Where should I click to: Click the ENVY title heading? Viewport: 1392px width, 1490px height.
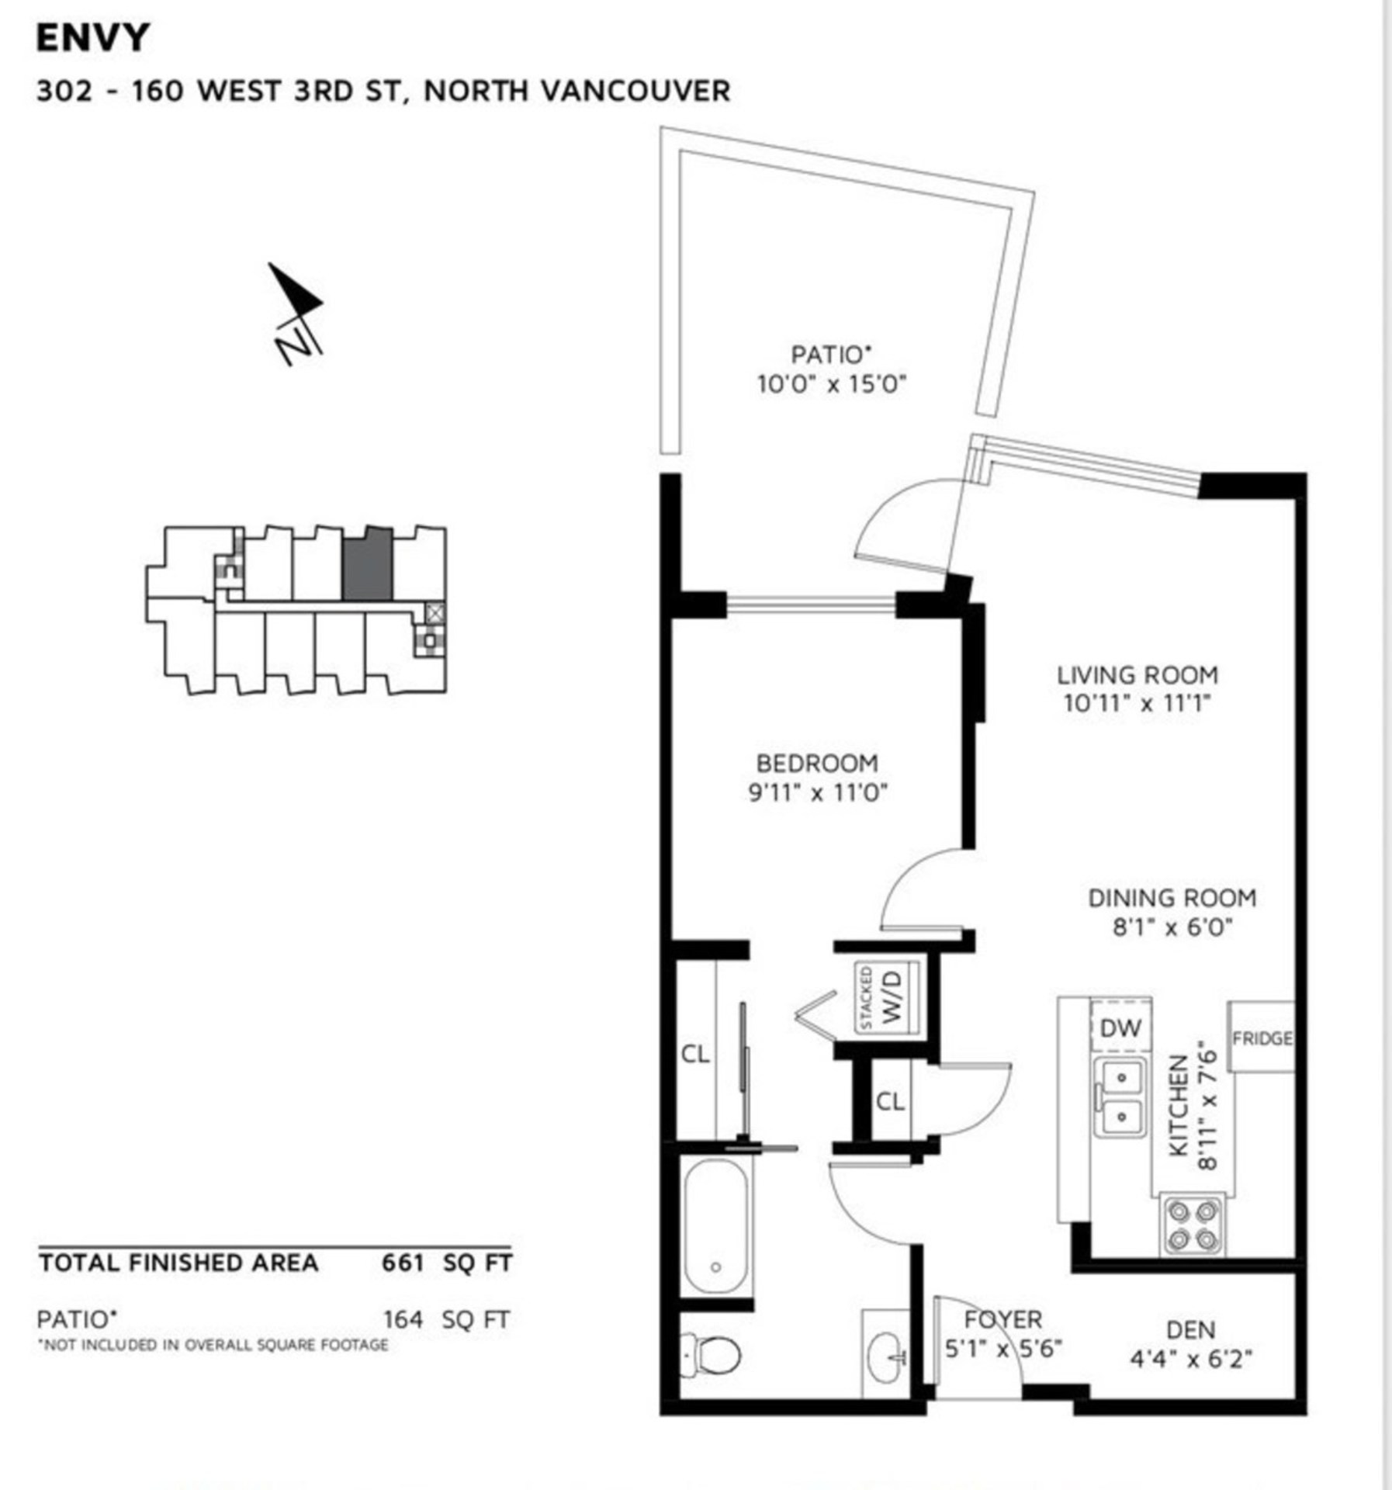92,38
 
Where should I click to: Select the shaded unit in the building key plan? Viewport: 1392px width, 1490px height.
367,564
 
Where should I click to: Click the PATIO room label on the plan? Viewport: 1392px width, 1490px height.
831,355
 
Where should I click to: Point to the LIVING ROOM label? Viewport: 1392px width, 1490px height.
1137,674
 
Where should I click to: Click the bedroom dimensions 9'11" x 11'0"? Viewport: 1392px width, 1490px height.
818,793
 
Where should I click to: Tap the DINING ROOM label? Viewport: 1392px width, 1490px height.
1172,898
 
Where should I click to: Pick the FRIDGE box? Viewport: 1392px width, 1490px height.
1261,1038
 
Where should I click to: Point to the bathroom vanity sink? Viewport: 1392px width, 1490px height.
885,1355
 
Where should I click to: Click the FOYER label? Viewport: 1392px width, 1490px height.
1002,1319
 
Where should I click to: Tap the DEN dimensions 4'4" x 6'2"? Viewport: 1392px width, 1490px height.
1191,1358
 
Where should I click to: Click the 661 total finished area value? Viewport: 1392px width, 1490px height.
402,1263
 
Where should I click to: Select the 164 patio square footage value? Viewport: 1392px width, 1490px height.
403,1319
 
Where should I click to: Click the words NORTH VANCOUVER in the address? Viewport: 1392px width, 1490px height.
577,91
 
